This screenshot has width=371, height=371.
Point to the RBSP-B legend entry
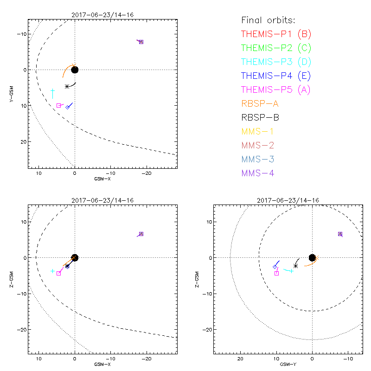(x=260, y=117)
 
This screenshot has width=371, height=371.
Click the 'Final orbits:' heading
(x=268, y=20)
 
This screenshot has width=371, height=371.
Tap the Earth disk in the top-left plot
(x=75, y=70)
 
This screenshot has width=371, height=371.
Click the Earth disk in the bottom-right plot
(x=312, y=257)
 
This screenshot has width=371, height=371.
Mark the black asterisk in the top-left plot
(x=67, y=86)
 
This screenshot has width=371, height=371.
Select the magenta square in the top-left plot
(x=58, y=106)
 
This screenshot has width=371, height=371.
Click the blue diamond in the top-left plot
(x=68, y=107)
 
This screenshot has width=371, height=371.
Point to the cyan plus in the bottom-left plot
(x=53, y=271)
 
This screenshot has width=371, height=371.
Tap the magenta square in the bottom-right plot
(x=277, y=273)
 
